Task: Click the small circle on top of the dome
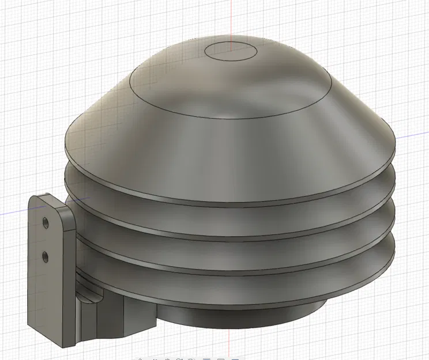coord(231,50)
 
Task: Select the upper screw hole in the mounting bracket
coord(45,221)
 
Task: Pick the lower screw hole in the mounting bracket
coord(45,254)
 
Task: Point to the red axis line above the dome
coord(231,17)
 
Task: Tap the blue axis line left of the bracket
coord(14,213)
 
